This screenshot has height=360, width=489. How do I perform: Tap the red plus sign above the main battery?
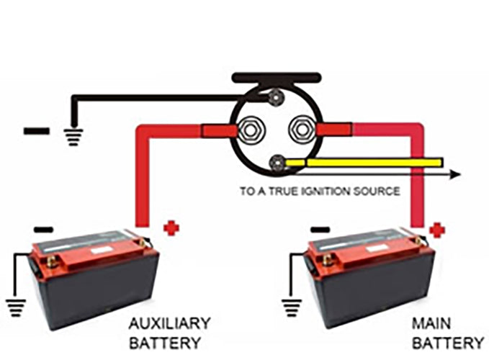point(437,230)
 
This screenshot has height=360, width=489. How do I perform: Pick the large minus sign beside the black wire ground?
point(36,131)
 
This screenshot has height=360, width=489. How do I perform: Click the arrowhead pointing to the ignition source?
point(454,174)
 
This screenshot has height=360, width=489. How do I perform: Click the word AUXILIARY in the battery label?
point(170,322)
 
